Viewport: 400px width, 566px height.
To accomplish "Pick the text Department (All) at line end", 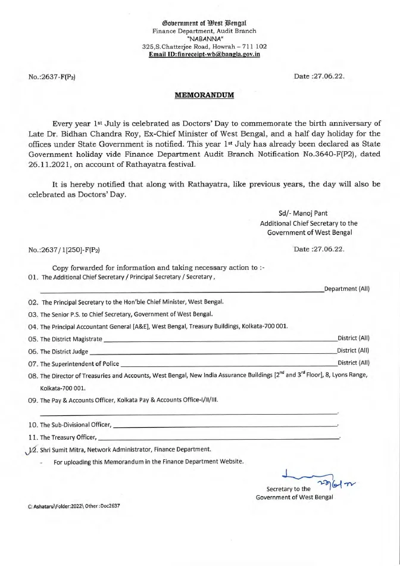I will point(346,290).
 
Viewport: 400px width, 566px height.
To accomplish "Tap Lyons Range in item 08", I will point(351,375).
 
